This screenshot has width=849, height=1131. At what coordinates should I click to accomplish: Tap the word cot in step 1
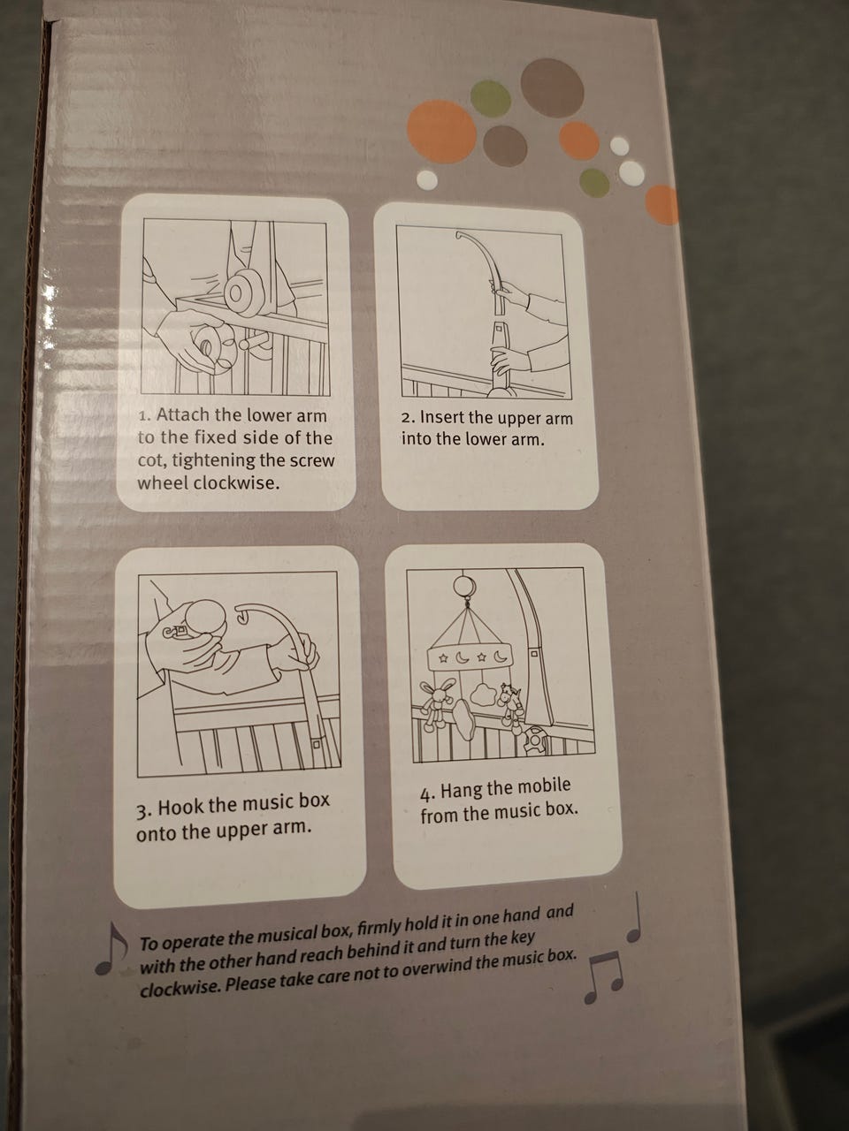pyautogui.click(x=151, y=460)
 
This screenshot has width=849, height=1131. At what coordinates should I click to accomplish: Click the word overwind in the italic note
pyautogui.click(x=433, y=968)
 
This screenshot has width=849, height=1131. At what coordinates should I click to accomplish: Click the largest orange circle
pyautogui.click(x=441, y=131)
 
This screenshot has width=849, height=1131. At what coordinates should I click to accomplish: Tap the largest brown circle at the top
pyautogui.click(x=552, y=87)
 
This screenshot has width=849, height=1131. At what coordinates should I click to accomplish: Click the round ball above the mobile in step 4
pyautogui.click(x=464, y=586)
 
